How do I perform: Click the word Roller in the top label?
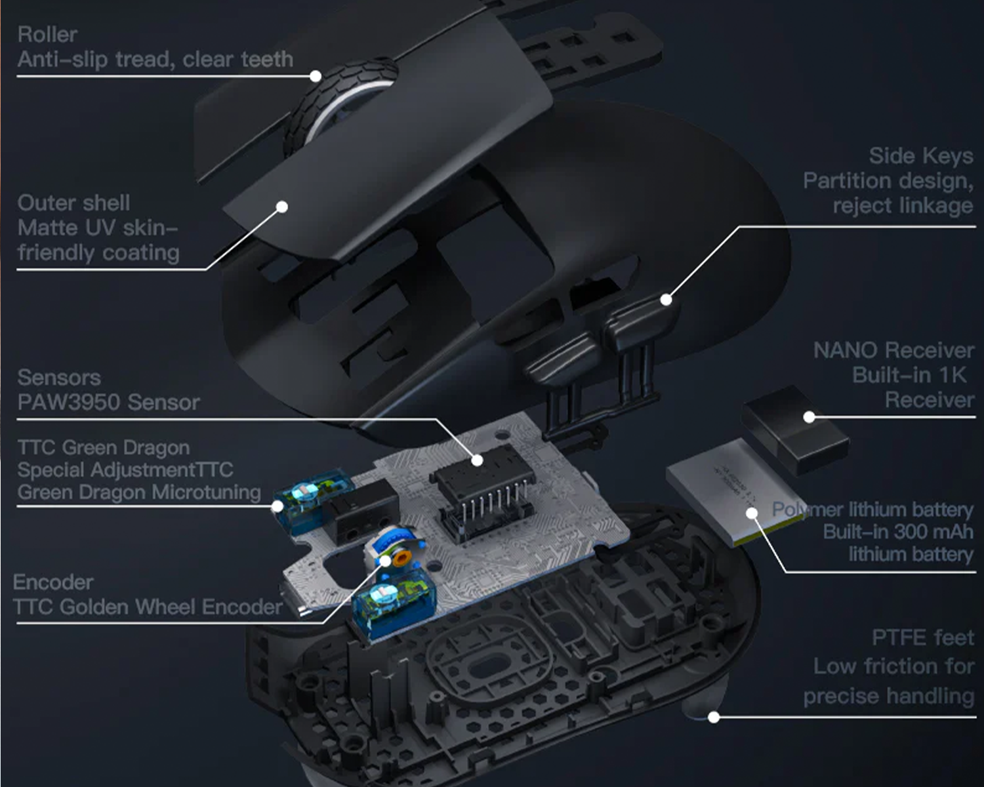coord(47,35)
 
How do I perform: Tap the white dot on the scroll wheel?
coord(316,76)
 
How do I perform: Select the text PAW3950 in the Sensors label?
coord(68,403)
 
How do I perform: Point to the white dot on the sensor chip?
coord(477,460)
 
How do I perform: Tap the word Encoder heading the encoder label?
coord(53,582)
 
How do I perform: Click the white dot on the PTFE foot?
coord(714,717)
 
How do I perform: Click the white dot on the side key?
coord(666,300)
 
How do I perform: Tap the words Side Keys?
coord(921,156)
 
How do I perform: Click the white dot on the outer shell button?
coord(282,207)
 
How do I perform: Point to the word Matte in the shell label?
coord(48,228)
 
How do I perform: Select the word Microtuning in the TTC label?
coord(206,493)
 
